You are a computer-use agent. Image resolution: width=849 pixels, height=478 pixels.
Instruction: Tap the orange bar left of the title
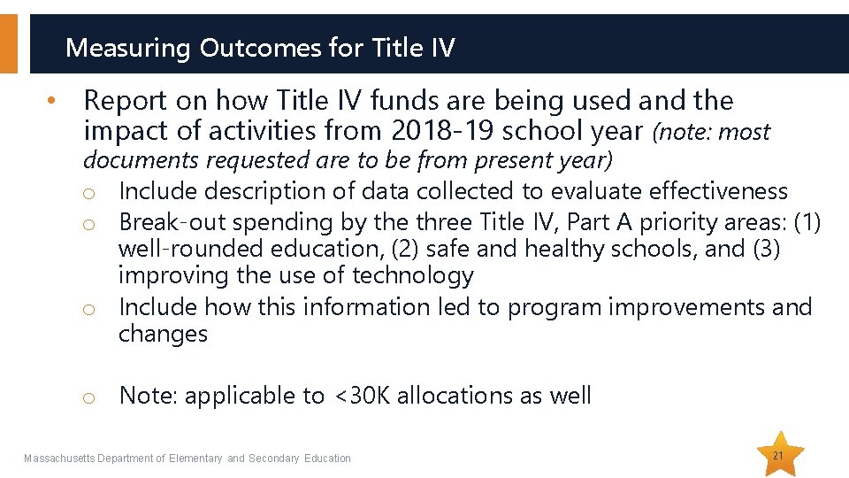8,43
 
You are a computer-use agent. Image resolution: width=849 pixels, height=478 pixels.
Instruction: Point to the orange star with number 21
779,455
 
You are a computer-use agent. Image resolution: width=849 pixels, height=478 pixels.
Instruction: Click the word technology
413,276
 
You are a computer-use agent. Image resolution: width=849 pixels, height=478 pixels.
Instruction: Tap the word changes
163,334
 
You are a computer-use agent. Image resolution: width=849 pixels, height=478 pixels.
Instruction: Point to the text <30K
361,396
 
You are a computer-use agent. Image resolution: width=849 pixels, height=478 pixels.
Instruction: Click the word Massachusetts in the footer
59,459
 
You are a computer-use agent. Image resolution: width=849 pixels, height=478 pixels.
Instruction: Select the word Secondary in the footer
274,459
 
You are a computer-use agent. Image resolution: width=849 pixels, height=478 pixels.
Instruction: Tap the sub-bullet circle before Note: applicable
88,397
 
